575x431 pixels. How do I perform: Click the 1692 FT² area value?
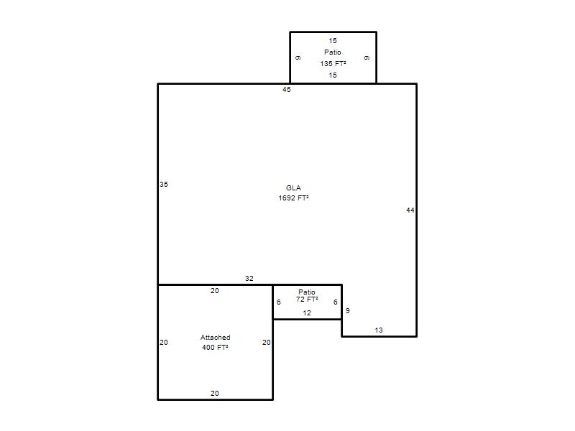click(x=293, y=198)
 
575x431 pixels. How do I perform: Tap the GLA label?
click(x=293, y=188)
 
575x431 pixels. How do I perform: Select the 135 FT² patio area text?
click(x=333, y=64)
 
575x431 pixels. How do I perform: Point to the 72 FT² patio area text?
click(x=307, y=300)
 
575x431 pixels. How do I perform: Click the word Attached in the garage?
click(x=215, y=337)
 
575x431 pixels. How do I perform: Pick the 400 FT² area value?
click(x=215, y=347)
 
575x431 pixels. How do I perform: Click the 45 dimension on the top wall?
click(x=286, y=89)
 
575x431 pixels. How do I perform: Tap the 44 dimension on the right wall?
click(x=410, y=210)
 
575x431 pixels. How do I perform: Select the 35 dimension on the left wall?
click(x=164, y=185)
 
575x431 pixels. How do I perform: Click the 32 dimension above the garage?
click(x=249, y=279)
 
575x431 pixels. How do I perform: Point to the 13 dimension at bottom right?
click(x=379, y=330)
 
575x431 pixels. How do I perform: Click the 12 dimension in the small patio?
click(x=307, y=313)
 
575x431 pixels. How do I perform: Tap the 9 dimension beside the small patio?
click(x=348, y=311)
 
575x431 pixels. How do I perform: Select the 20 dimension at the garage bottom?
click(x=215, y=393)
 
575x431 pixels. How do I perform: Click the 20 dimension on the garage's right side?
click(x=267, y=343)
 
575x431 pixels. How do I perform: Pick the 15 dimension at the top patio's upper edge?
click(x=333, y=41)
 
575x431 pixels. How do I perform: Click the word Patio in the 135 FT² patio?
click(x=333, y=52)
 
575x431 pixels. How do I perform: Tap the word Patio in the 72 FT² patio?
click(x=307, y=292)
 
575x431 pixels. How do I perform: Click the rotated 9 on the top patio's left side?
click(x=298, y=58)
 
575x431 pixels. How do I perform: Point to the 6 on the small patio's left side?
click(x=279, y=302)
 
